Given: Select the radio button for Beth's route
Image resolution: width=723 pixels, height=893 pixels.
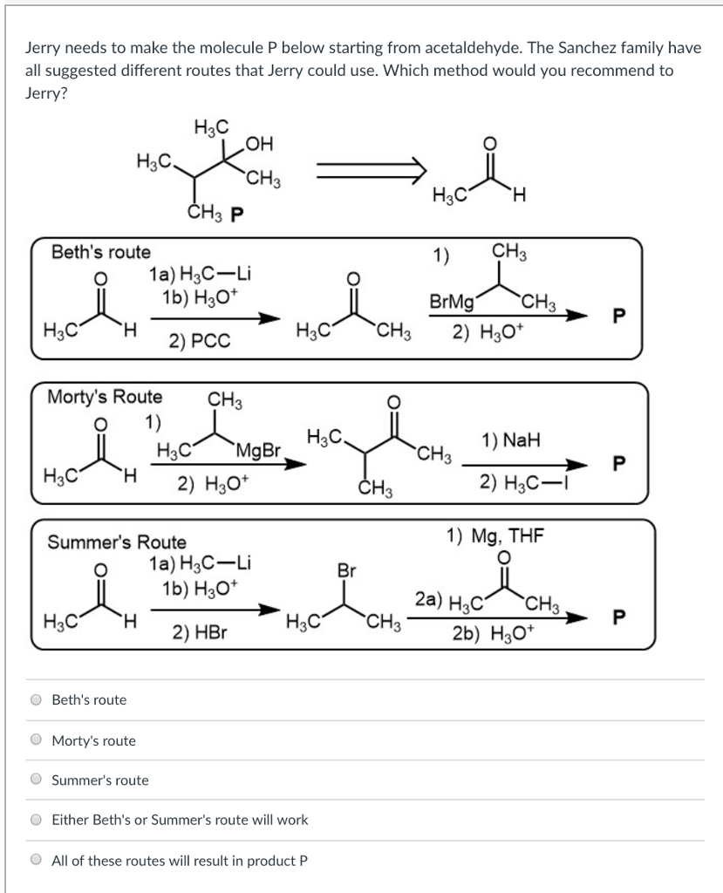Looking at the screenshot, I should [x=37, y=699].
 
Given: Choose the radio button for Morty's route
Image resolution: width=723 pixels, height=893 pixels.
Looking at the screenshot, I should [x=37, y=740].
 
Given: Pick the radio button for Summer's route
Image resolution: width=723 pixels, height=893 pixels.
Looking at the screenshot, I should [x=37, y=780].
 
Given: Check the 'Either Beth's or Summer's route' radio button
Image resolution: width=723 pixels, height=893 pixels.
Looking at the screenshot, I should [x=37, y=820].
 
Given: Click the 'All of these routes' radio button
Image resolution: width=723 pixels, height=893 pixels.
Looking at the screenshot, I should [x=37, y=860].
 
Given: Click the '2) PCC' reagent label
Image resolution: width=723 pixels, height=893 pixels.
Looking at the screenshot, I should [x=201, y=342].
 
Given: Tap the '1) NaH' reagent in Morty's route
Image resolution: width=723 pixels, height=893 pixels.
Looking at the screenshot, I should [x=510, y=441].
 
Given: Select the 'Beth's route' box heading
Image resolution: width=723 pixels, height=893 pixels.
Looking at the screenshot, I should [x=100, y=253].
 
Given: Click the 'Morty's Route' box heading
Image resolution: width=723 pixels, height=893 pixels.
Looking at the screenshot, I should [x=104, y=397].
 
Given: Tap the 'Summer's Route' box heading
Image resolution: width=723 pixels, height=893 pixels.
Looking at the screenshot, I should [x=117, y=542].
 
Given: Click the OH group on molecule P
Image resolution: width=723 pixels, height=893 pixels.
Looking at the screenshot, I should [x=260, y=140].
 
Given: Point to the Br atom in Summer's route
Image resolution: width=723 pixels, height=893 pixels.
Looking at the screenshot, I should [x=347, y=571].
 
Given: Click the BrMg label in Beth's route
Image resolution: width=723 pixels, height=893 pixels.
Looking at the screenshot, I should [x=452, y=303].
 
